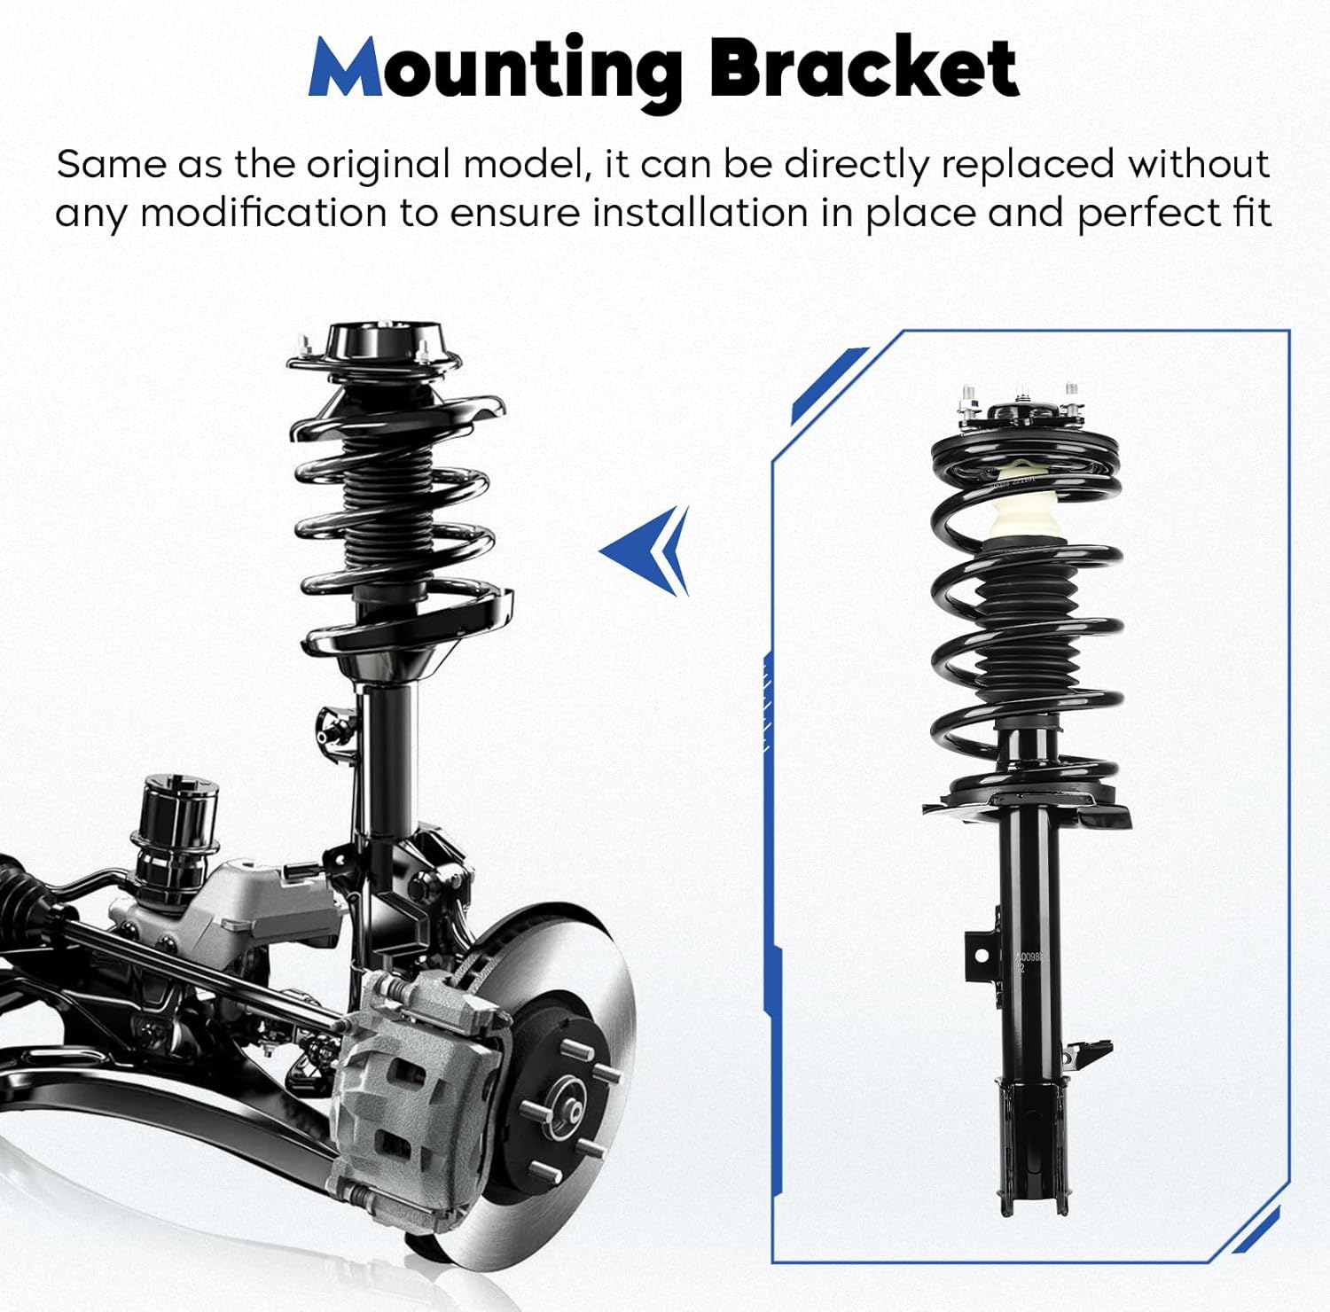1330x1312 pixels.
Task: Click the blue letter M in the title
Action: coord(346,69)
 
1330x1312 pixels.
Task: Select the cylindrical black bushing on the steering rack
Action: coord(175,820)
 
